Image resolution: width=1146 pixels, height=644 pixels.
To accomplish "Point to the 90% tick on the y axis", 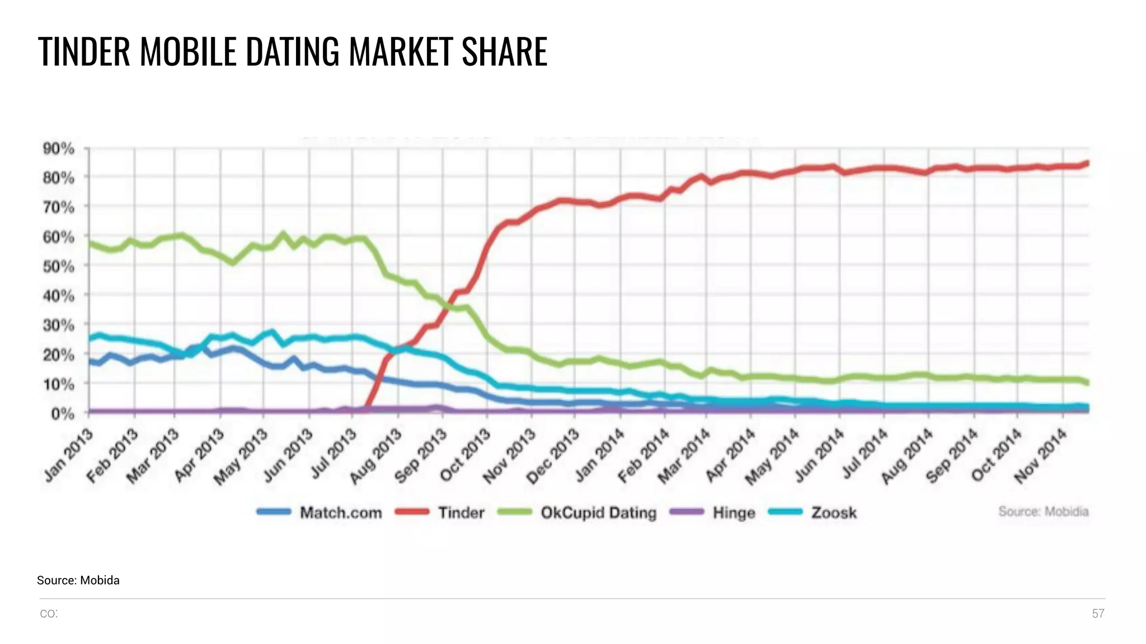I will [59, 149].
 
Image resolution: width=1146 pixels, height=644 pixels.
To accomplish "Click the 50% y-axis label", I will [59, 267].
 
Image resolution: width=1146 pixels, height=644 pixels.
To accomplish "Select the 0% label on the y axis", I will [62, 414].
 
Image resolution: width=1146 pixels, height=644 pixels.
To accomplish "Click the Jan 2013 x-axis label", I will [68, 455].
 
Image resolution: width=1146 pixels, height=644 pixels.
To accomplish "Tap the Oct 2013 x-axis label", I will [465, 455].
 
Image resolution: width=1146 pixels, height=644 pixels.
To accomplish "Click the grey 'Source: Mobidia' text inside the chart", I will [1043, 511].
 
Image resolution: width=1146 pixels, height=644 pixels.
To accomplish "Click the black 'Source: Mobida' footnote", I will [78, 580].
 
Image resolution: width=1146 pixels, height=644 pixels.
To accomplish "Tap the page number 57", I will [1098, 614].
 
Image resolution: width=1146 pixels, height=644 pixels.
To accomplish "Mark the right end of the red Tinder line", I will [1087, 163].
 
